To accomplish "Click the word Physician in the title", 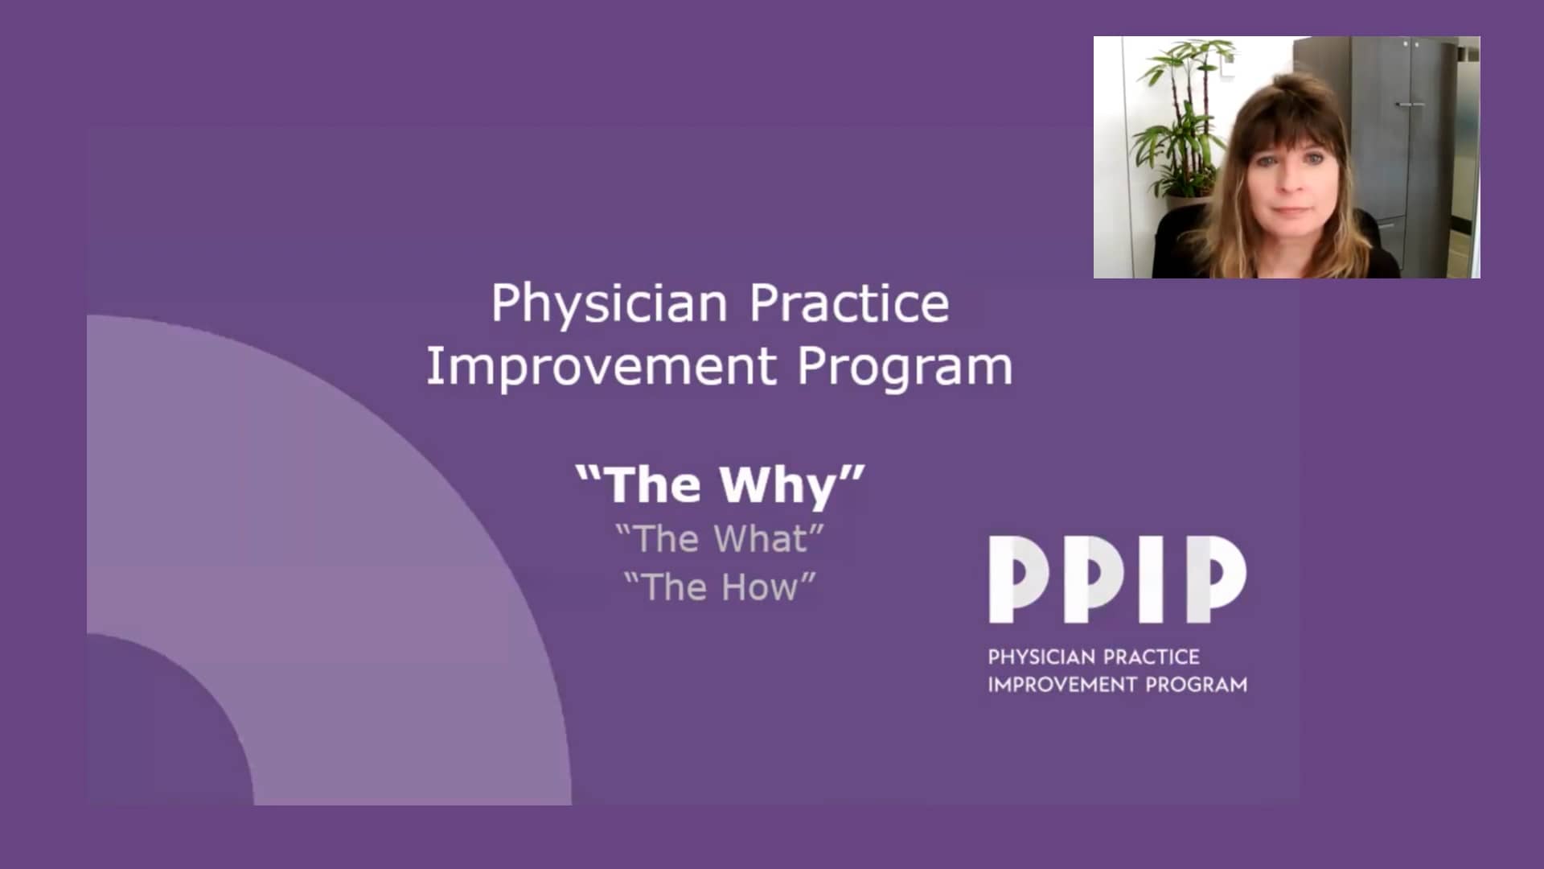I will point(609,304).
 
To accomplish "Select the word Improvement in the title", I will point(601,367).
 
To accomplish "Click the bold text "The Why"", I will point(720,485).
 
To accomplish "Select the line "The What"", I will point(720,539).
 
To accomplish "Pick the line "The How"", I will point(720,587).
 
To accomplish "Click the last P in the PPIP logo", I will point(1216,579).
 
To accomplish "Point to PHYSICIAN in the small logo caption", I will point(1037,657).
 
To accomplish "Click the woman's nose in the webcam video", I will point(1290,183).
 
